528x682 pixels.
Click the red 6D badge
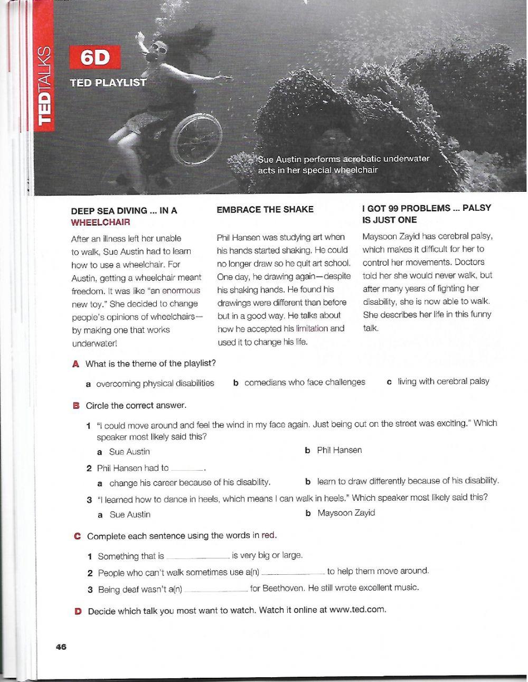click(x=95, y=59)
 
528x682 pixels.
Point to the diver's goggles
click(x=158, y=50)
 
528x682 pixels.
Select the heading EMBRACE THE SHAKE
click(x=265, y=210)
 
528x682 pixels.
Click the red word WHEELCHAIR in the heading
click(x=100, y=223)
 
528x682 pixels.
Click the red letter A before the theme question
click(x=76, y=364)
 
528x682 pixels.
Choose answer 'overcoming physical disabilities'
click(x=155, y=384)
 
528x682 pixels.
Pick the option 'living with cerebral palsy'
click(x=443, y=381)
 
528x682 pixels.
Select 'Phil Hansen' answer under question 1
click(x=339, y=450)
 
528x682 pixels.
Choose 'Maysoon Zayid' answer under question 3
click(x=346, y=512)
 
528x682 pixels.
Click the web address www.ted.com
click(x=357, y=610)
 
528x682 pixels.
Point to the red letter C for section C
click(x=77, y=536)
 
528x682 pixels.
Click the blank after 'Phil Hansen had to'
click(x=187, y=469)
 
